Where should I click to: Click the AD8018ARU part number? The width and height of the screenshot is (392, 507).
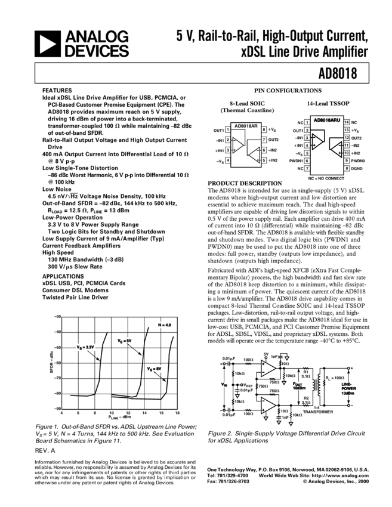tap(327, 120)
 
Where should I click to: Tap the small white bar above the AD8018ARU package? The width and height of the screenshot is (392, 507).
tap(320, 114)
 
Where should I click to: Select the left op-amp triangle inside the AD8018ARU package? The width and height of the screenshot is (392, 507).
tap(317, 141)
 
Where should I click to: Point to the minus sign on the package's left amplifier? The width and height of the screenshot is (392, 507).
tap(313, 137)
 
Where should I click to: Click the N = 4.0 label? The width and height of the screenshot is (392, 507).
tap(164, 325)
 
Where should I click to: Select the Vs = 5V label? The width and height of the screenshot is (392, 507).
tap(124, 341)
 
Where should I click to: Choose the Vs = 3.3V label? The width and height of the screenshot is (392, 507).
tap(85, 347)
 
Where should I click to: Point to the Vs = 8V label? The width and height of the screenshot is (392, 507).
tap(154, 369)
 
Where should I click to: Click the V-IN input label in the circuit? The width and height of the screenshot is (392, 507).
tap(224, 385)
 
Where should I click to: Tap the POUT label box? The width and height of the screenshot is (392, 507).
tap(299, 386)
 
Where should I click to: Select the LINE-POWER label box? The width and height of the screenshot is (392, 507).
tap(348, 389)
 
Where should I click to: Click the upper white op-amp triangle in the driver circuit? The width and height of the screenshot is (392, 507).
tap(267, 368)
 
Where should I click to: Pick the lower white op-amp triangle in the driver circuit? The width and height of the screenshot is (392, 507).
tap(267, 405)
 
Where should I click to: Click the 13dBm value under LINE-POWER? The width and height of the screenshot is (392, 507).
tap(348, 394)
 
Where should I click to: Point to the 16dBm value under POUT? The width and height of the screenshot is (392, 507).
tap(299, 388)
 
